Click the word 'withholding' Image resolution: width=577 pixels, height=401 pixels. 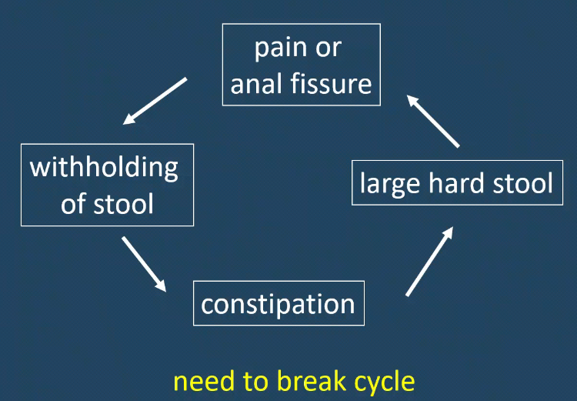104,167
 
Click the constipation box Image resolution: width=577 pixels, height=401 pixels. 278,303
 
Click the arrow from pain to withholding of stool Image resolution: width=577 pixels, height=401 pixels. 155,100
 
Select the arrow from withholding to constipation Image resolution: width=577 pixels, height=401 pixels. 144,263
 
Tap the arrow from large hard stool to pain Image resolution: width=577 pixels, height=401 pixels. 433,121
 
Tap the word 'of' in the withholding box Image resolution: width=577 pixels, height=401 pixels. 72,204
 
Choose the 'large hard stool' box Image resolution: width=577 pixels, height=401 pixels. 456,182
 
